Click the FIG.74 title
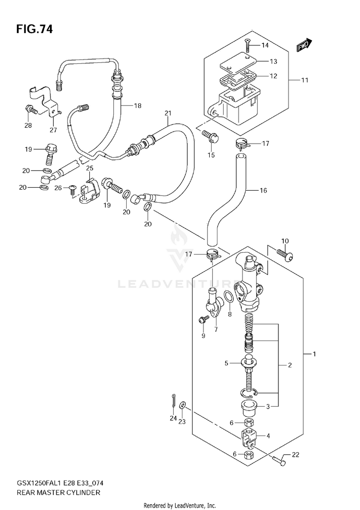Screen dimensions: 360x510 point(34,29)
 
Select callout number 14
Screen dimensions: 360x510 point(265,45)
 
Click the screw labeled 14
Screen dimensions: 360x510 point(247,45)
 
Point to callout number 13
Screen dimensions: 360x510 point(273,61)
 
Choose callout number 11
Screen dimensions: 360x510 point(304,80)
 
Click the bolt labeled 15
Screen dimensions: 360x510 point(211,137)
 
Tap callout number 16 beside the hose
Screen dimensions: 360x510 point(263,190)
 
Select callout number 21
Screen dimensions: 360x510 point(168,113)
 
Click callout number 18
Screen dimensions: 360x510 point(138,105)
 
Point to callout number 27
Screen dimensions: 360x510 point(53,130)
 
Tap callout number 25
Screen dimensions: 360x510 point(89,168)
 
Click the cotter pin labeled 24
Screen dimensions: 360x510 point(174,402)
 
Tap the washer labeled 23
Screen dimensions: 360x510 point(183,405)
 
